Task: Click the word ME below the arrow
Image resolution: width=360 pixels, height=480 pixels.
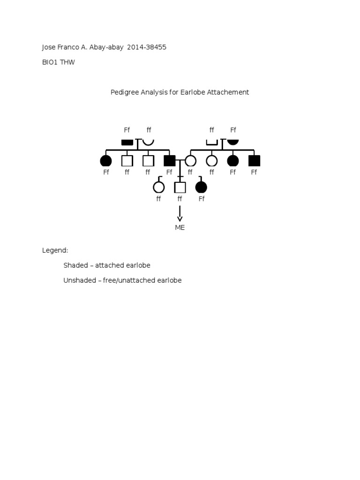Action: tap(180, 228)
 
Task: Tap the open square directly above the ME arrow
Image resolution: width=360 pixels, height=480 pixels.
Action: tap(180, 187)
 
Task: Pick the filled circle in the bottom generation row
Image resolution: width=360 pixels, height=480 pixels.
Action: tap(201, 187)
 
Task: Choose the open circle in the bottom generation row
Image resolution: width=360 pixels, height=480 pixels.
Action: tap(159, 187)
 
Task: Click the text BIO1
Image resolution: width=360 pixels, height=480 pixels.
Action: tap(50, 62)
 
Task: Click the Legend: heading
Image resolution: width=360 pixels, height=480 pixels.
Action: tap(55, 250)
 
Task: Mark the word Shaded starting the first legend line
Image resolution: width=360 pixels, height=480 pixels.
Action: tap(75, 265)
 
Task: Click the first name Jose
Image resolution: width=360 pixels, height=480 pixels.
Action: tap(49, 47)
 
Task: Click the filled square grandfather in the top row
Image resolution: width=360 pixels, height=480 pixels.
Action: tap(127, 142)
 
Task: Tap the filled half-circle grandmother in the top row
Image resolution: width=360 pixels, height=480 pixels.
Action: tap(233, 142)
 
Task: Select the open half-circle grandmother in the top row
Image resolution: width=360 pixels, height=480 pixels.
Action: tap(148, 142)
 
